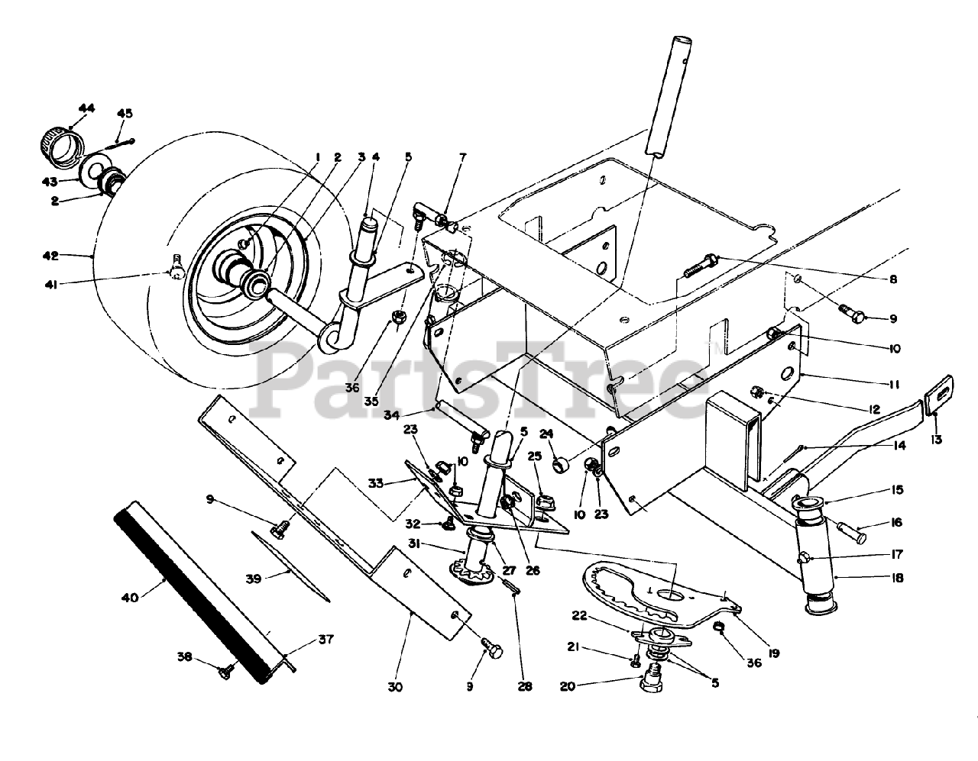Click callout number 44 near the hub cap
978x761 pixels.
(x=86, y=109)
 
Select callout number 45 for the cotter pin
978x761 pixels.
(x=125, y=114)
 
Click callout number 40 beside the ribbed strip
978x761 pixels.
(x=130, y=598)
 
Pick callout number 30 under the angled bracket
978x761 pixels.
(x=394, y=687)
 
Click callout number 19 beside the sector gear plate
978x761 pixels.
(x=774, y=653)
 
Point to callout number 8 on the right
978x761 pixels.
(x=892, y=280)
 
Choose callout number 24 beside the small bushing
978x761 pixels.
(x=546, y=435)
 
